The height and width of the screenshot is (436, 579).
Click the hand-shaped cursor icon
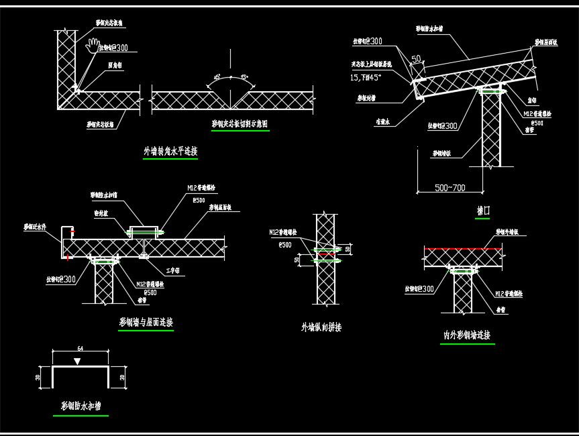point(93,46)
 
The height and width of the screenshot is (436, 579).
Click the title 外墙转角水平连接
point(170,152)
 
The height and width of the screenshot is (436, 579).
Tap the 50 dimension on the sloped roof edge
point(416,60)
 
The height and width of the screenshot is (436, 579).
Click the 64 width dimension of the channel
point(81,349)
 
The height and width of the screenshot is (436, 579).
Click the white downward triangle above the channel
point(78,362)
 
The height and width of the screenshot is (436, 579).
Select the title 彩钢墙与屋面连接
point(146,323)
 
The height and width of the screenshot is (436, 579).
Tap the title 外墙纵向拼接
point(321,327)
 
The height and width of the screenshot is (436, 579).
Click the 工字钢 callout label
point(173,271)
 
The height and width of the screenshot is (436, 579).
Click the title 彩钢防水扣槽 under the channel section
point(81,406)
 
